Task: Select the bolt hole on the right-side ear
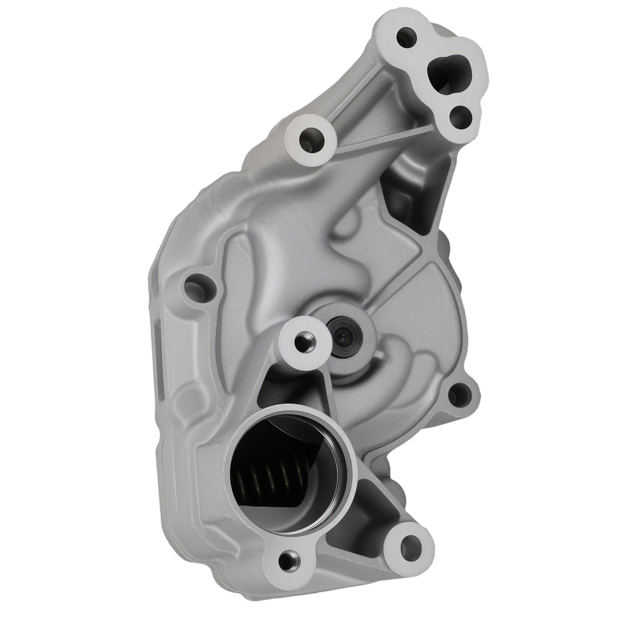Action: (457, 392)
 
